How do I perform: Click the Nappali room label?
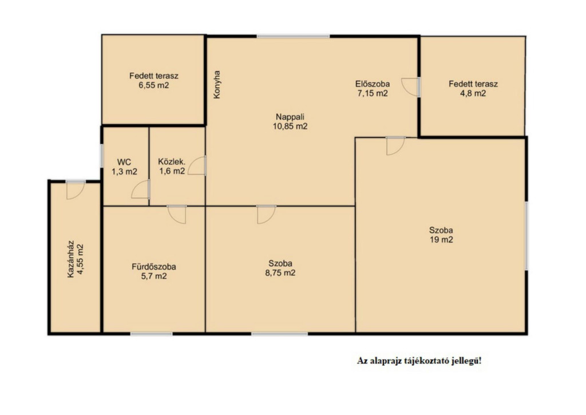click(290, 117)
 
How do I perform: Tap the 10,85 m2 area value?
click(290, 127)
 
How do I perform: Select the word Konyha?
click(217, 85)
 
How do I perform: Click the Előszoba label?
click(372, 84)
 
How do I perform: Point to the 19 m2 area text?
click(441, 240)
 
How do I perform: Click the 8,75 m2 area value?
click(280, 273)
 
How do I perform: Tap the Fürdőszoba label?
click(153, 267)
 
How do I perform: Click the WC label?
click(124, 162)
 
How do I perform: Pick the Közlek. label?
click(172, 162)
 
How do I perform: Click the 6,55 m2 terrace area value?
click(153, 85)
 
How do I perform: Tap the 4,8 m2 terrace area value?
click(473, 93)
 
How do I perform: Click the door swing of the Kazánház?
click(76, 190)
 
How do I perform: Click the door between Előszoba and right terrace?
click(411, 87)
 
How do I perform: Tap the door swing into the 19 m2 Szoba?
click(395, 146)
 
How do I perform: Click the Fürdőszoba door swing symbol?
click(177, 215)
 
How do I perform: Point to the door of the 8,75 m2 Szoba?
click(267, 215)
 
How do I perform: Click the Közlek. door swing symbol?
click(197, 165)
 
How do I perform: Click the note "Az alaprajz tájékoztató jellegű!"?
click(419, 361)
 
